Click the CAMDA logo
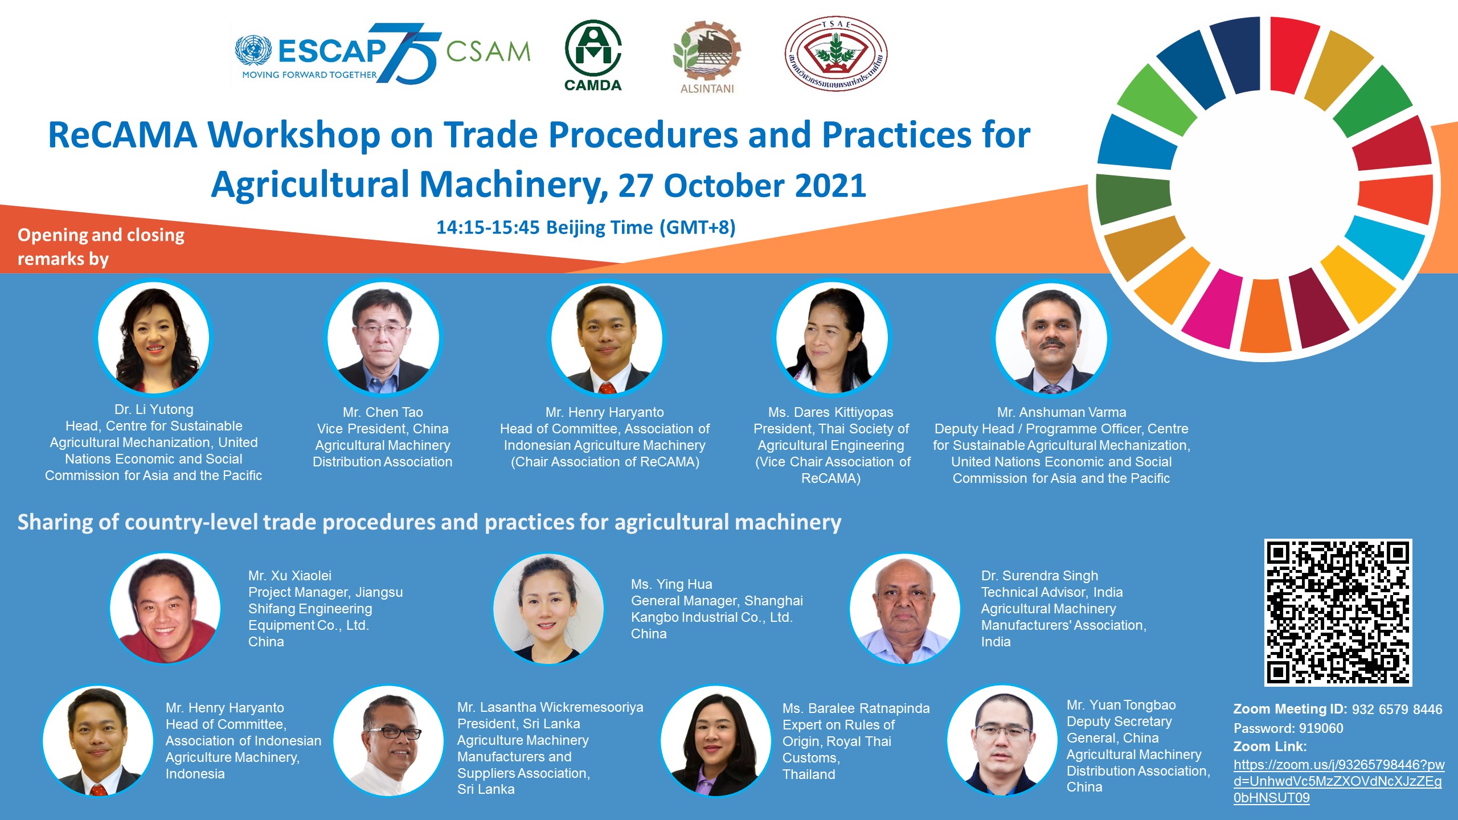point(593,55)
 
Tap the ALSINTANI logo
point(707,58)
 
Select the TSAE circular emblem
point(836,54)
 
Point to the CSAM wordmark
point(488,51)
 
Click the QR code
point(1338,612)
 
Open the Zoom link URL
point(1338,781)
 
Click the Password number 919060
point(1321,728)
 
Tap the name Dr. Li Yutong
point(154,409)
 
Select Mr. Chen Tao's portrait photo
point(382,338)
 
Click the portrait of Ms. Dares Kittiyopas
point(831,338)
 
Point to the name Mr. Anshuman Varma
point(1062,412)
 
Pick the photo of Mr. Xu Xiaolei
point(165,608)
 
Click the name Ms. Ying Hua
point(671,584)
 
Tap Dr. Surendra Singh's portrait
point(905,608)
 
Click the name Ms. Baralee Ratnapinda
point(856,708)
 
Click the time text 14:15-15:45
point(488,227)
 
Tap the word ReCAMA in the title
point(122,136)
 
